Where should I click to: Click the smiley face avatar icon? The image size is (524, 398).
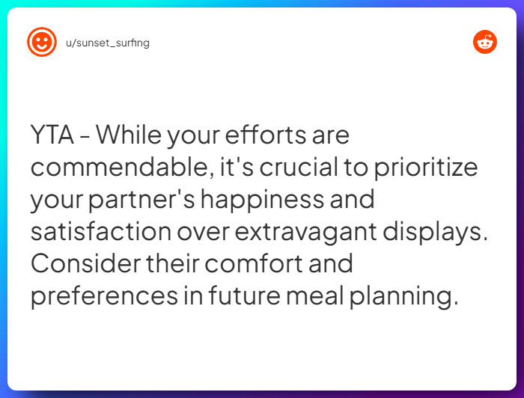[x=42, y=42]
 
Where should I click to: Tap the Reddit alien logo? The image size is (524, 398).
[x=485, y=42]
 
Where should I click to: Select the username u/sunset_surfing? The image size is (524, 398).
[x=108, y=43]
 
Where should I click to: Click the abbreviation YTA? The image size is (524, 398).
[x=52, y=135]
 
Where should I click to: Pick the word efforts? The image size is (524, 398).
[x=265, y=135]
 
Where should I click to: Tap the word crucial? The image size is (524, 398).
[x=299, y=167]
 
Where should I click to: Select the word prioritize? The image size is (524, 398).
[x=426, y=168]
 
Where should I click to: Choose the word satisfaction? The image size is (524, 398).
[x=101, y=231]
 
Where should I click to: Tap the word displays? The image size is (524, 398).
[x=436, y=232]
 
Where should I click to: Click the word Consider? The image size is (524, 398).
[x=85, y=263]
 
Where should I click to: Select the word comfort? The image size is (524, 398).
[x=254, y=263]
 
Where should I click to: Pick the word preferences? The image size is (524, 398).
[x=104, y=296]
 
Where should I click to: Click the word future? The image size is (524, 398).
[x=244, y=296]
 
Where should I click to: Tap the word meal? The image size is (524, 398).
[x=315, y=296]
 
